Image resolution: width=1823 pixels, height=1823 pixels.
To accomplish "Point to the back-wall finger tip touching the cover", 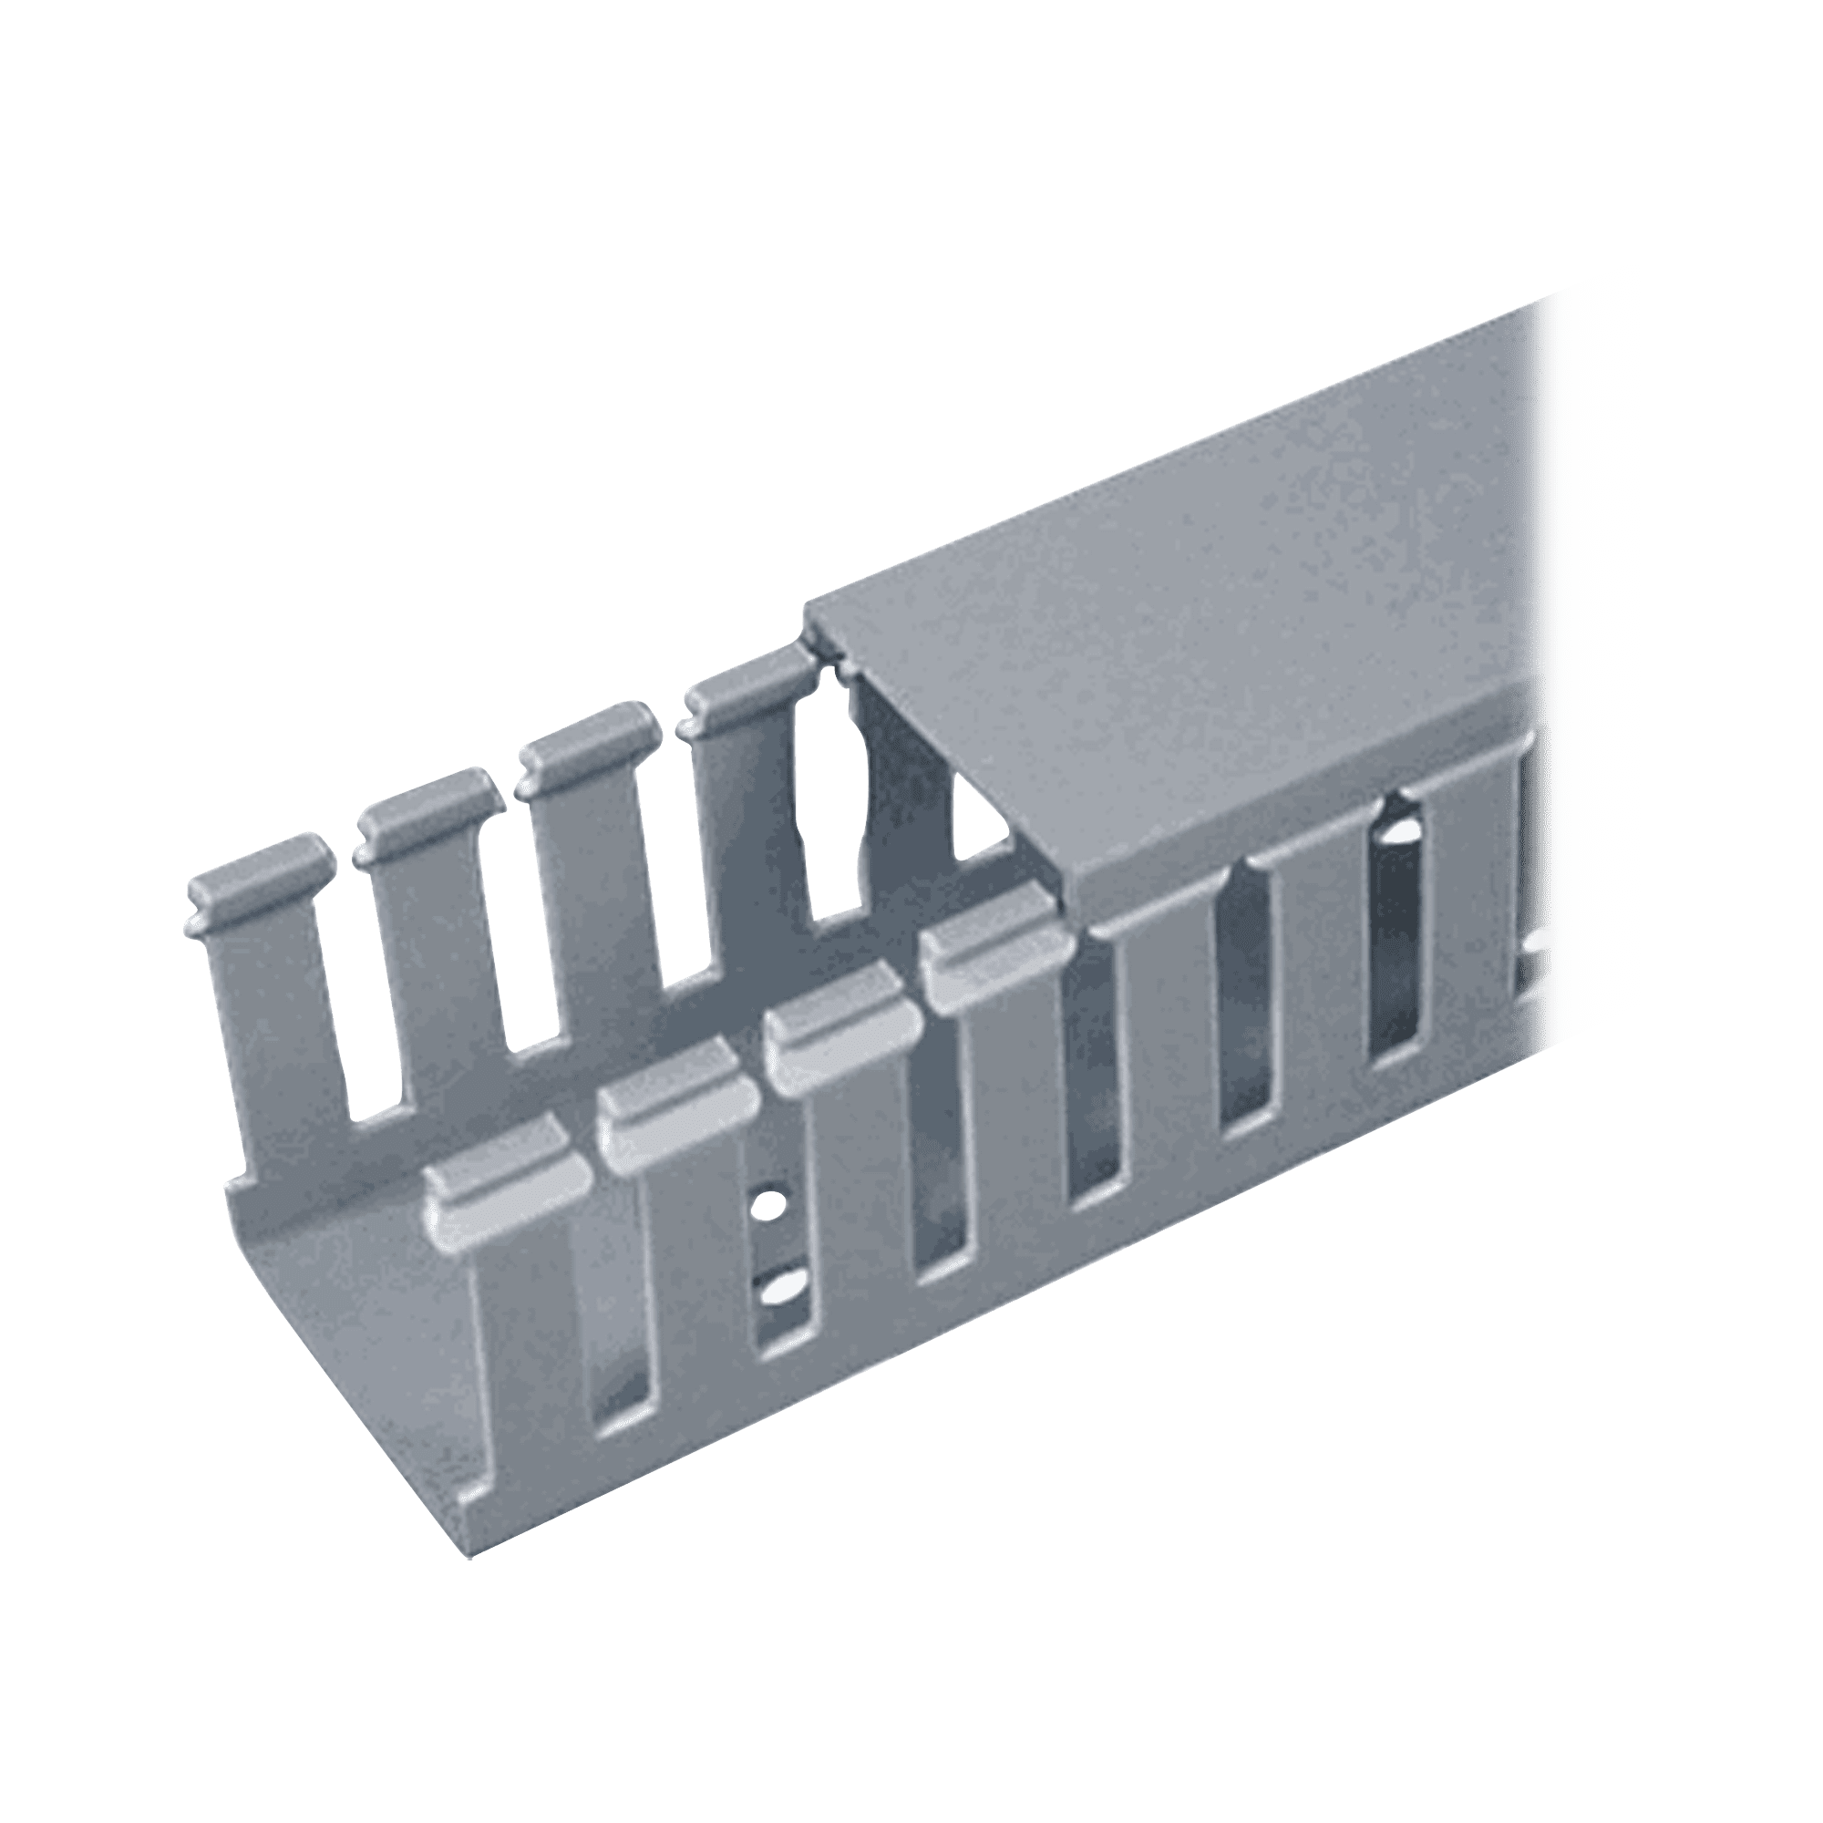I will coord(747,686).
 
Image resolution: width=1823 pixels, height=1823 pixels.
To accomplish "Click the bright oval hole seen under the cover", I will coord(1397,836).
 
